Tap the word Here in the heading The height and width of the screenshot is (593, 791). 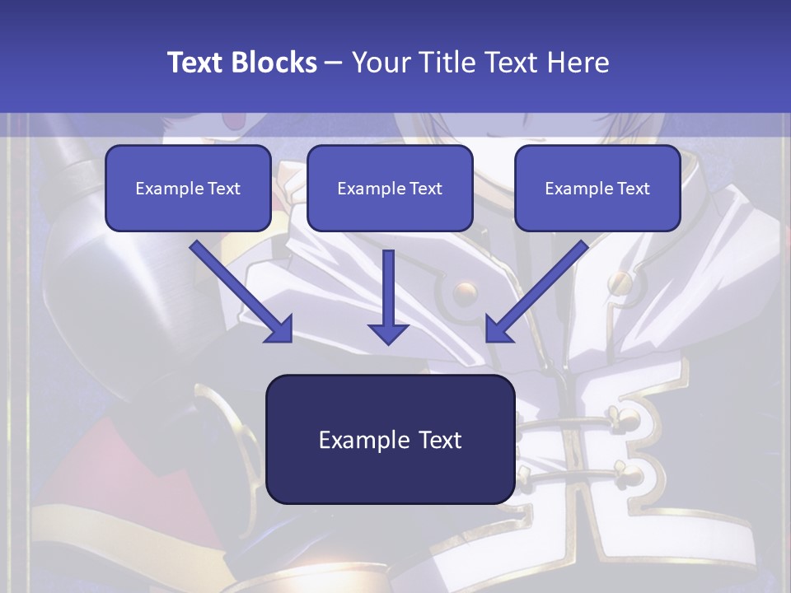coord(580,63)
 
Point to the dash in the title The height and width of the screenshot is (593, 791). coord(334,63)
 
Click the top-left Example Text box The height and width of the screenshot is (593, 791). coord(188,188)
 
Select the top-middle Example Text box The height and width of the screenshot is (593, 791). coord(390,188)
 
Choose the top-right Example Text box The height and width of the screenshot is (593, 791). coord(597,188)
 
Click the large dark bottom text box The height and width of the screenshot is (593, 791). coord(390,439)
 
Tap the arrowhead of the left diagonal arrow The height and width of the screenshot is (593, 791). coord(280,329)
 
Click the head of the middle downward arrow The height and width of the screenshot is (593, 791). coord(388,332)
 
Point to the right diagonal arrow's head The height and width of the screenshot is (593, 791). coord(498,329)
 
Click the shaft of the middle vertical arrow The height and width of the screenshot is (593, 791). coord(388,284)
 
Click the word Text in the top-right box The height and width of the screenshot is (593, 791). coord(633,189)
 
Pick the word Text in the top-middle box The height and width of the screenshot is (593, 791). coord(425,189)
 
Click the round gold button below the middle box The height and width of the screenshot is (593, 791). coord(466,291)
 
